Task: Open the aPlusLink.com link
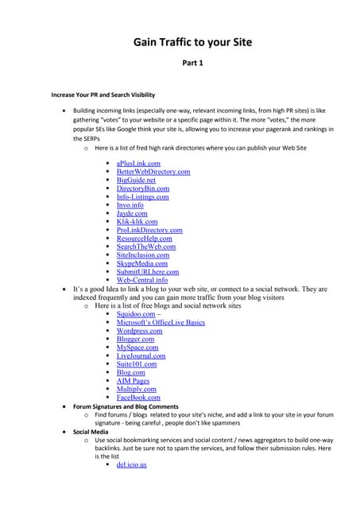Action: pyautogui.click(x=138, y=163)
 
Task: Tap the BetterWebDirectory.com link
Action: pyautogui.click(x=153, y=171)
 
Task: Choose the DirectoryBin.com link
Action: pyautogui.click(x=142, y=188)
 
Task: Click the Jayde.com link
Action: pyautogui.click(x=132, y=213)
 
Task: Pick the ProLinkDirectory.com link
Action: pyautogui.click(x=149, y=230)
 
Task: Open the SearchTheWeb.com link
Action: pyautogui.click(x=146, y=247)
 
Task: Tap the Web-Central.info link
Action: pyautogui.click(x=142, y=280)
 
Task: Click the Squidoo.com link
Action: pyautogui.click(x=136, y=314)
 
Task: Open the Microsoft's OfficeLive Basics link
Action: pyautogui.click(x=161, y=322)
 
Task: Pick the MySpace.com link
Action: pyautogui.click(x=137, y=348)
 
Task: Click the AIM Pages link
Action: pyautogui.click(x=133, y=381)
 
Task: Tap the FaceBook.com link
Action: pyautogui.click(x=138, y=398)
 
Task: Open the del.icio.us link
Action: pyautogui.click(x=132, y=464)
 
